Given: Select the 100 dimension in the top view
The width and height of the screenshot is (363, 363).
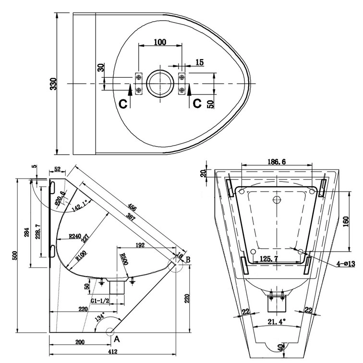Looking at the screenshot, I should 160,42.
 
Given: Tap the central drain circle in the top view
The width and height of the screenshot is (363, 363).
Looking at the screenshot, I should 160,84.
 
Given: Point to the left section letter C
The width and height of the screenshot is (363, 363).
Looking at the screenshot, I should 123,103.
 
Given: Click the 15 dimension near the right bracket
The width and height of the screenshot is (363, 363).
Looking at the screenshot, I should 199,62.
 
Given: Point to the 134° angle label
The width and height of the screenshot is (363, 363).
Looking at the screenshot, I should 99,317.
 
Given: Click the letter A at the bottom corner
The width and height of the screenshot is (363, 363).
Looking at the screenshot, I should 115,338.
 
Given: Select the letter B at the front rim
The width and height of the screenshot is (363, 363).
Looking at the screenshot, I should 188,259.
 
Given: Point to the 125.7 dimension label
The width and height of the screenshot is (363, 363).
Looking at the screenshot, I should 270,259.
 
